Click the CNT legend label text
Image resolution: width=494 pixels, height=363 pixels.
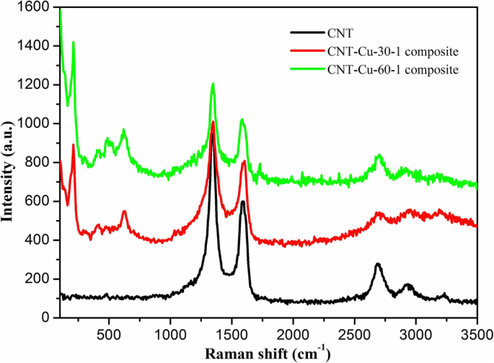339,32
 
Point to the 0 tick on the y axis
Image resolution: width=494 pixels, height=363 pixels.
45,318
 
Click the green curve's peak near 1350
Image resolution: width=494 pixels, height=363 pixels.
213,84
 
